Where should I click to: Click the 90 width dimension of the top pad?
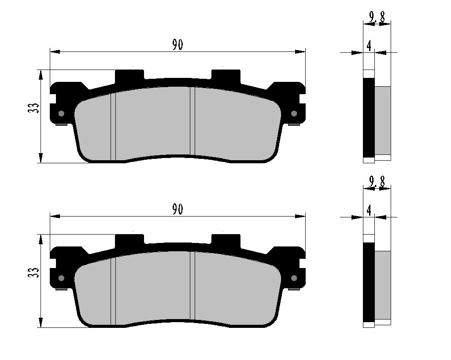point(177,45)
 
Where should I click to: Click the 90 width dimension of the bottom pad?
point(177,209)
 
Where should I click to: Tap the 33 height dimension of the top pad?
point(33,108)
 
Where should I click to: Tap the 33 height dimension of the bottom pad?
point(33,272)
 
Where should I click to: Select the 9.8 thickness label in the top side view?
point(377,18)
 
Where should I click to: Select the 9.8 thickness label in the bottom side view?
point(377,182)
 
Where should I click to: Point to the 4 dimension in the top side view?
point(369,46)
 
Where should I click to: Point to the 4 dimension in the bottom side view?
point(369,210)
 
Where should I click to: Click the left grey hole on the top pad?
point(61,114)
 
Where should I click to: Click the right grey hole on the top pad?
point(294,114)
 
